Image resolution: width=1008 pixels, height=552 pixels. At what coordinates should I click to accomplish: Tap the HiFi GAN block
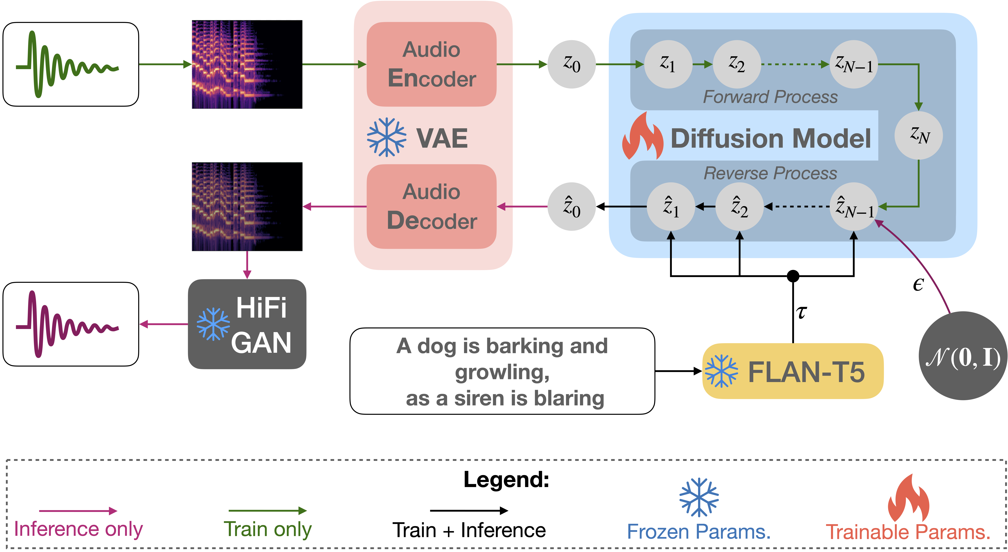(x=247, y=324)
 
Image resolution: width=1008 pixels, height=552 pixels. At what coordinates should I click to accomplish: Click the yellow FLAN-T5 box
(x=793, y=371)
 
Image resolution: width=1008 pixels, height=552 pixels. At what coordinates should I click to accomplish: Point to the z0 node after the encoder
(x=572, y=64)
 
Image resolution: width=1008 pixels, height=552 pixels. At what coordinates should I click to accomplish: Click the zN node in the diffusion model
(x=919, y=136)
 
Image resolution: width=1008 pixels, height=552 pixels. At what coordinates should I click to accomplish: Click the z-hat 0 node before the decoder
(x=572, y=207)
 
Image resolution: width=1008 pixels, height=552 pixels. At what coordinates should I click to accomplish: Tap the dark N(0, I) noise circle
(x=963, y=356)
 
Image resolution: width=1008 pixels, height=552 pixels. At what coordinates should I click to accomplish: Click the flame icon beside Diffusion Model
(x=643, y=136)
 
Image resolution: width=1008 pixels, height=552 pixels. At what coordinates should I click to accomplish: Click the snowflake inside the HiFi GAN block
(x=213, y=324)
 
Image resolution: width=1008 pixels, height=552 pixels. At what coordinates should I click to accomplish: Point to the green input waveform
(x=67, y=64)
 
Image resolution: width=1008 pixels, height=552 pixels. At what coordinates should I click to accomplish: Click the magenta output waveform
(x=67, y=324)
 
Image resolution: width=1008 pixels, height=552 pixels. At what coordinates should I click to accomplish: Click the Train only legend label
(x=268, y=529)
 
